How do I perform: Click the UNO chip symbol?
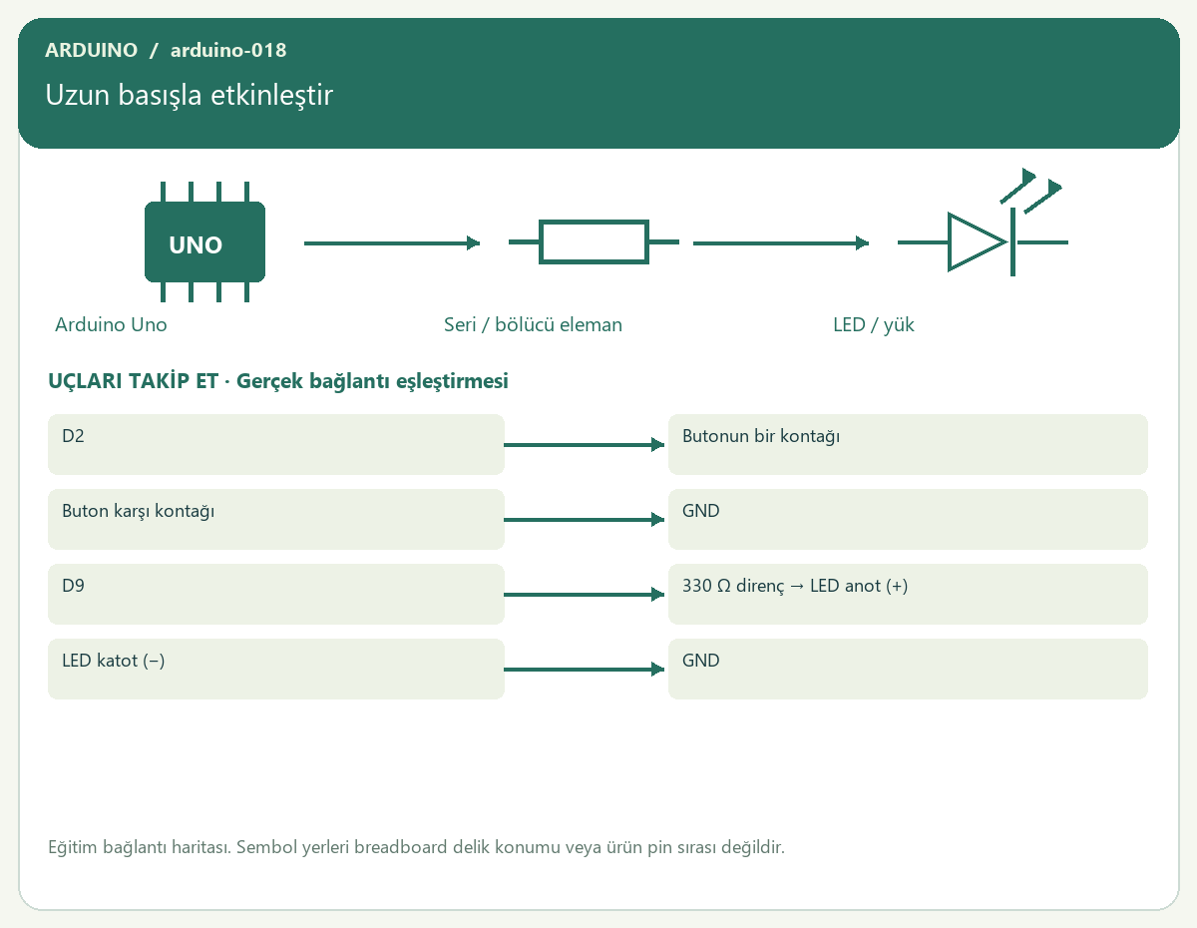tap(204, 241)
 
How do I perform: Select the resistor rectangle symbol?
tap(594, 241)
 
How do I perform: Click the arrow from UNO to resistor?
tap(392, 243)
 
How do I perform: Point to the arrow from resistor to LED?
tap(781, 243)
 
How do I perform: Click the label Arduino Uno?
tap(111, 324)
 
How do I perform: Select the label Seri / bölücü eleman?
tap(533, 324)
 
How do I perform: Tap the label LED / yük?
tap(873, 325)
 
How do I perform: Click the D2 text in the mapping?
tap(73, 436)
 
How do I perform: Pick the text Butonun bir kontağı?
tap(761, 436)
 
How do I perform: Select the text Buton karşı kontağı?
tap(138, 511)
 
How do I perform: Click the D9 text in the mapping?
tap(73, 585)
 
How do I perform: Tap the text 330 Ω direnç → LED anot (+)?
tap(795, 586)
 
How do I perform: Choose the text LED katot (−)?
tap(113, 661)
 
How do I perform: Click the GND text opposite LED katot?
tap(700, 661)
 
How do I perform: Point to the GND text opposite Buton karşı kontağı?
tap(700, 511)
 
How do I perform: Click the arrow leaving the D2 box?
tap(584, 445)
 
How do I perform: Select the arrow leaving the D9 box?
tap(584, 594)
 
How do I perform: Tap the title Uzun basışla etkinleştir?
tap(189, 95)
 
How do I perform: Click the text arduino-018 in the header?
tap(228, 50)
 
